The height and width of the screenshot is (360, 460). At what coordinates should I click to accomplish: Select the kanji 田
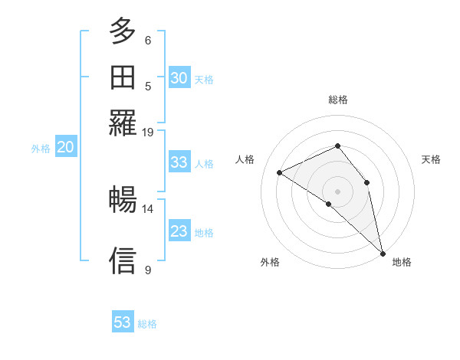point(123,77)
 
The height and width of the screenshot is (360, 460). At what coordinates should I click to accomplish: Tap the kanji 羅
point(123,122)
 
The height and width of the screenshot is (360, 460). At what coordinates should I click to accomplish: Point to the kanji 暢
point(123,200)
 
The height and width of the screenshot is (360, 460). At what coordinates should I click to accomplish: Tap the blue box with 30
point(179,77)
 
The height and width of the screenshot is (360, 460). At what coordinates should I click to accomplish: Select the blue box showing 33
point(179,162)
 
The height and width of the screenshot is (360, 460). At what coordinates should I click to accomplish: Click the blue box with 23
point(179,231)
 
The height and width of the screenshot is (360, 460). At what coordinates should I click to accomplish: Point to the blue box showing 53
point(123,322)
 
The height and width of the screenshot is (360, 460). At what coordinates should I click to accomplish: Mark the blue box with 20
point(65,148)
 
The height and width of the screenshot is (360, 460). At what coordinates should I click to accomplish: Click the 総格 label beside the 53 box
point(147,324)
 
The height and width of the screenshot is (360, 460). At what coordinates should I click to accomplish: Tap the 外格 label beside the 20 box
point(41,149)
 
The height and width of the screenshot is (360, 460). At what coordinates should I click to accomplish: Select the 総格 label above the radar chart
point(337,100)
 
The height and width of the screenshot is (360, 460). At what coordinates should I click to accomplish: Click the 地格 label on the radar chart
point(402,262)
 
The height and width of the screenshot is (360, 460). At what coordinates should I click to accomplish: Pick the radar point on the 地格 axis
point(383,252)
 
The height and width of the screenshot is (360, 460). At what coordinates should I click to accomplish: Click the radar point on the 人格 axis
point(280,172)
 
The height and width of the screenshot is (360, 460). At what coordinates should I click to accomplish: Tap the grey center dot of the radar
point(337,191)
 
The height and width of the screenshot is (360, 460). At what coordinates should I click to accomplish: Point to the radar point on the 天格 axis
point(367,182)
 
